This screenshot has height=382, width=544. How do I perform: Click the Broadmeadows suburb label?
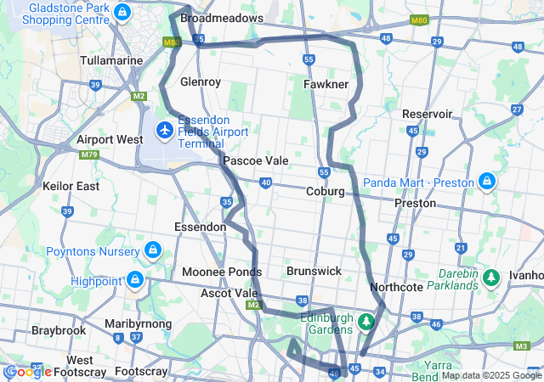222,17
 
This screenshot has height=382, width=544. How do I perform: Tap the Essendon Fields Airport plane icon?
164,131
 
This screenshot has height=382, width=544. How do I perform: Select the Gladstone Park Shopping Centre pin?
123,13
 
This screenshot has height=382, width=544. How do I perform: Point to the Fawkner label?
326,85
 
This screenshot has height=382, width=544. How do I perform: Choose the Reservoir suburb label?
428,114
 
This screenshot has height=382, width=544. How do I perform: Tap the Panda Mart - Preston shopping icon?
487,181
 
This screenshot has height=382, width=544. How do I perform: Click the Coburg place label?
325,192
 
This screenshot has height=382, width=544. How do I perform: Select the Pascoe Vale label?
255,160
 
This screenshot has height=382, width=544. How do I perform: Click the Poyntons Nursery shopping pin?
153,251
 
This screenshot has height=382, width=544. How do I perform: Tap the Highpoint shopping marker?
134,278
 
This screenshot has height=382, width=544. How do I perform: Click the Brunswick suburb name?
314,271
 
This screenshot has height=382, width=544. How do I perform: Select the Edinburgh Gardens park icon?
366,322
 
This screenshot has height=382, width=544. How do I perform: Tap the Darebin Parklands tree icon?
490,278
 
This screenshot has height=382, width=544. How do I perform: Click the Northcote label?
396,288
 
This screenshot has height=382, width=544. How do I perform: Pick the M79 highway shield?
88,154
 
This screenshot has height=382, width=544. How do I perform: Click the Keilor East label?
71,186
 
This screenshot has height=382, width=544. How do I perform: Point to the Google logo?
27,372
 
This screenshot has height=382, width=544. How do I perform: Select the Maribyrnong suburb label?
139,324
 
